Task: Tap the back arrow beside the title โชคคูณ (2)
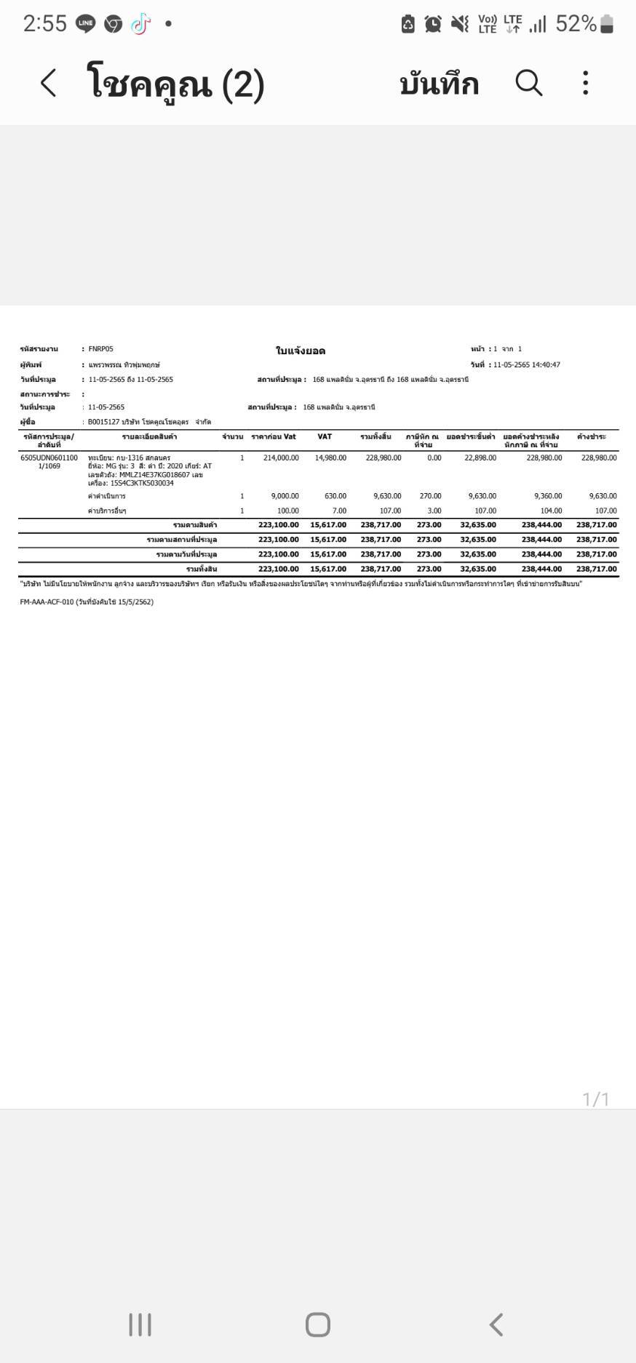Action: pyautogui.click(x=48, y=83)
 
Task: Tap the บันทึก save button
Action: pyautogui.click(x=439, y=84)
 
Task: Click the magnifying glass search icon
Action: pyautogui.click(x=529, y=83)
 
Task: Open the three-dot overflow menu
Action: pyautogui.click(x=586, y=83)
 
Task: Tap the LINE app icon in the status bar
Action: pyautogui.click(x=85, y=24)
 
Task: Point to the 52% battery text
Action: pyautogui.click(x=576, y=24)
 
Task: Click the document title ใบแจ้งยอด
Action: pyautogui.click(x=301, y=351)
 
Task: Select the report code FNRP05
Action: pyautogui.click(x=100, y=349)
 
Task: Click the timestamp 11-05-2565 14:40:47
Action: pyautogui.click(x=527, y=365)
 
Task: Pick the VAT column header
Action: pyautogui.click(x=325, y=436)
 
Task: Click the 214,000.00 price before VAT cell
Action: pyautogui.click(x=281, y=458)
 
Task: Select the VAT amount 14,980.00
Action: pyautogui.click(x=330, y=458)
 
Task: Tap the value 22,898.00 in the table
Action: pyautogui.click(x=480, y=458)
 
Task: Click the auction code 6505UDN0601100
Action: pyautogui.click(x=49, y=458)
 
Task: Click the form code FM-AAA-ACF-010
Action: pyautogui.click(x=47, y=602)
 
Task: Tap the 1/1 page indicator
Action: pyautogui.click(x=595, y=1099)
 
